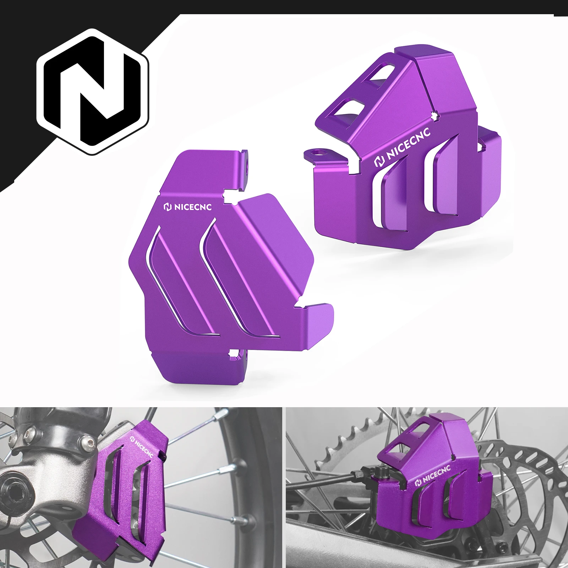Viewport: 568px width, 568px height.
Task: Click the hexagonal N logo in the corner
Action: pyautogui.click(x=93, y=91)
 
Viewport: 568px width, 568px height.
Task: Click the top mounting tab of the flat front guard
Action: pyautogui.click(x=245, y=167)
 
